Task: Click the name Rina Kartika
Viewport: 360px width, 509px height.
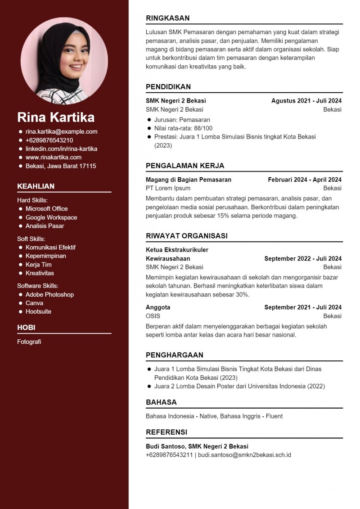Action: click(56, 117)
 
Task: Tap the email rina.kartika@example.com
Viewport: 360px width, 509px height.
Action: click(61, 132)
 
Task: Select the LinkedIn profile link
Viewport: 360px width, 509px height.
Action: click(61, 149)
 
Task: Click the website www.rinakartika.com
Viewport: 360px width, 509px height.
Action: click(53, 158)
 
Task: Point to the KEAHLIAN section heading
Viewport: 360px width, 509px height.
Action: click(36, 186)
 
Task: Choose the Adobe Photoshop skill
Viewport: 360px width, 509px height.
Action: click(49, 295)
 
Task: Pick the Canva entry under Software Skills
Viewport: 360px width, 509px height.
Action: click(34, 303)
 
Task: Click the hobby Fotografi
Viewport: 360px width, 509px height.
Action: click(29, 342)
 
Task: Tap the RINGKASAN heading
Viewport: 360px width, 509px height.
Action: click(167, 18)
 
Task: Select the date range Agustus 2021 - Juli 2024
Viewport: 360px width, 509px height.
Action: click(306, 101)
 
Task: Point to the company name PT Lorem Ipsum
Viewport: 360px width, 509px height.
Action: click(168, 188)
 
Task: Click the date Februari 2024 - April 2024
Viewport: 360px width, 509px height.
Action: click(305, 180)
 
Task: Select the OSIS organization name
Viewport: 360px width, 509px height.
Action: click(153, 316)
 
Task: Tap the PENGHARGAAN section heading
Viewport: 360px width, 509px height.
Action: click(174, 355)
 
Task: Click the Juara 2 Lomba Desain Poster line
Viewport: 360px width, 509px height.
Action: click(239, 386)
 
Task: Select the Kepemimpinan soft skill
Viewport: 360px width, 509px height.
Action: click(45, 256)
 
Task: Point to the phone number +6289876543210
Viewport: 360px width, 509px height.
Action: click(49, 140)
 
